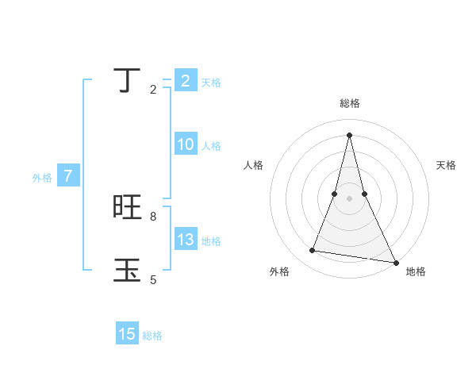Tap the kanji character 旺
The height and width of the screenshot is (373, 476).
128,207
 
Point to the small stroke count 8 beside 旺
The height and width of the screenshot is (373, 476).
153,216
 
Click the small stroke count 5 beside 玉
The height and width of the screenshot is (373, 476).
153,279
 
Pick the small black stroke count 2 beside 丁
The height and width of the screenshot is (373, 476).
153,90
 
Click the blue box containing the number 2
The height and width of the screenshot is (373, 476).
185,81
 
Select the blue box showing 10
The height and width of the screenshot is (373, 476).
185,144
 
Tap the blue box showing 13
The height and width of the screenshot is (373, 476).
185,240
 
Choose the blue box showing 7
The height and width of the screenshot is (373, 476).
68,176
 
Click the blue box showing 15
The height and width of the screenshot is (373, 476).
127,334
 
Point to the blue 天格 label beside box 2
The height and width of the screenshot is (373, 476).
210,83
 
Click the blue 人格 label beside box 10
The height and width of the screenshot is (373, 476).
211,146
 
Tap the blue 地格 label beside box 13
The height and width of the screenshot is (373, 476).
211,241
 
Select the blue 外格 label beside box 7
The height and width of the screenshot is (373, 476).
42,178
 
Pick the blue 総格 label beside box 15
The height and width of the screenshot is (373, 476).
152,336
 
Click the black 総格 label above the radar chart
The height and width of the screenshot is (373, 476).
349,103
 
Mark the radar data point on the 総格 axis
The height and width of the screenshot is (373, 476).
349,134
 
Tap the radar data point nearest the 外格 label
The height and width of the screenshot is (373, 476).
313,251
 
